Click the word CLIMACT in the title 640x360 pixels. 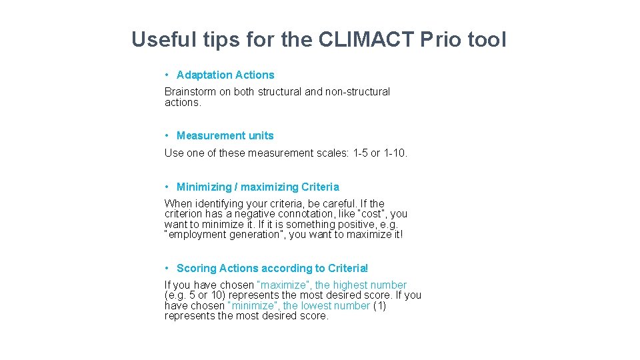pos(365,39)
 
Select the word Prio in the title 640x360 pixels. pos(441,39)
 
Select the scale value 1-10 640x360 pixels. pos(395,153)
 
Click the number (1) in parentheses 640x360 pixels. pos(379,306)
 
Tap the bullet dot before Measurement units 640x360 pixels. pos(167,136)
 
